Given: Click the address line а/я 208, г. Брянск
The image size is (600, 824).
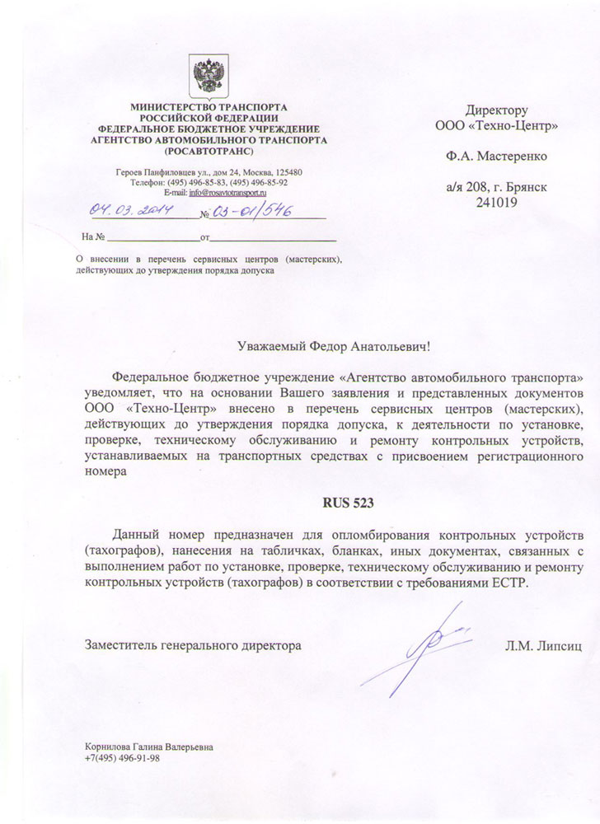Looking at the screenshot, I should tap(495, 187).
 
